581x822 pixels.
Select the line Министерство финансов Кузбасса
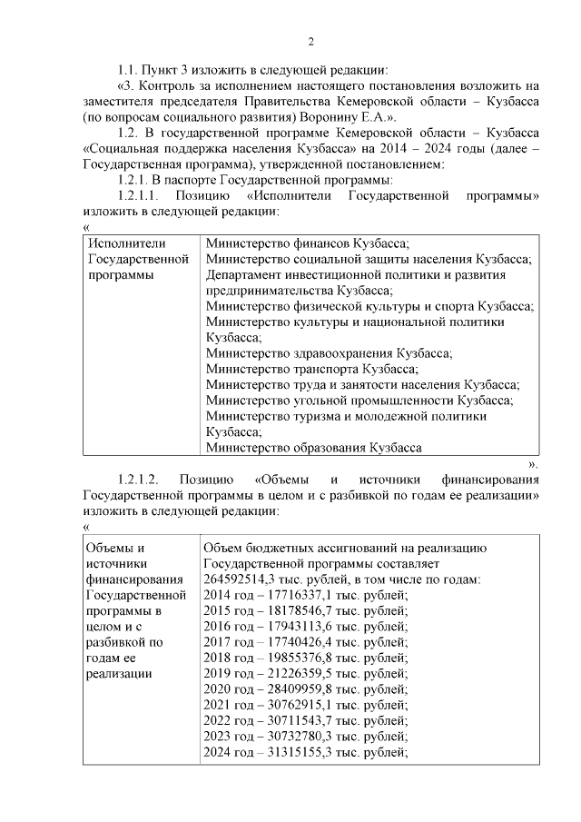coord(308,243)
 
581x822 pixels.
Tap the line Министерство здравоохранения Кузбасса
coord(329,353)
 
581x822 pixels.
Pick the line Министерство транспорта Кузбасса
coord(312,369)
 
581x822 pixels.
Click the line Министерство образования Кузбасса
coord(313,447)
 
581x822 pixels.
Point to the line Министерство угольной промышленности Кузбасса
coord(359,401)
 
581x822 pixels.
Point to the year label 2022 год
coord(230,720)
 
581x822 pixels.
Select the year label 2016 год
coord(230,627)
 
